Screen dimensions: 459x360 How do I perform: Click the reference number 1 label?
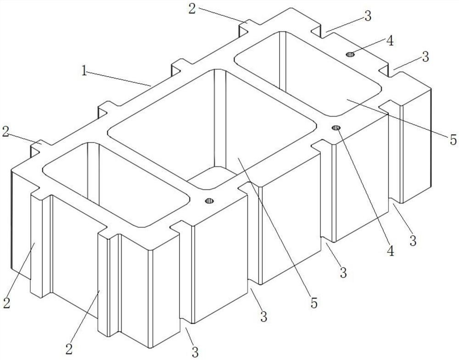pos(84,71)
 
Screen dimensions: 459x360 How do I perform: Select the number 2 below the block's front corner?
pos(69,349)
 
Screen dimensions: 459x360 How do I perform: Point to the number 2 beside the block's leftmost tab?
pos(6,132)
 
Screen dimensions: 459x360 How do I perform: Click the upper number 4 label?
pos(390,41)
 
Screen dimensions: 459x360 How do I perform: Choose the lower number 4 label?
pos(391,250)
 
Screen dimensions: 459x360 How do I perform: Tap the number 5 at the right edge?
pos(453,140)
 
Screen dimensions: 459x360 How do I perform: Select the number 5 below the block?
pos(314,303)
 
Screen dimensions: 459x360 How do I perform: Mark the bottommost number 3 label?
pos(195,352)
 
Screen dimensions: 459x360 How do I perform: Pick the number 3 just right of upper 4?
pos(425,56)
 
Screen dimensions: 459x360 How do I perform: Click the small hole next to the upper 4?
pos(350,54)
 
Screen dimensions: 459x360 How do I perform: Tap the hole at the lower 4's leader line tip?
pos(336,127)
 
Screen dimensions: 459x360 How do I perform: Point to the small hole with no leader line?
pos(210,200)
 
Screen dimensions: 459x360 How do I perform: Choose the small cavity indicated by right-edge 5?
pos(308,73)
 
